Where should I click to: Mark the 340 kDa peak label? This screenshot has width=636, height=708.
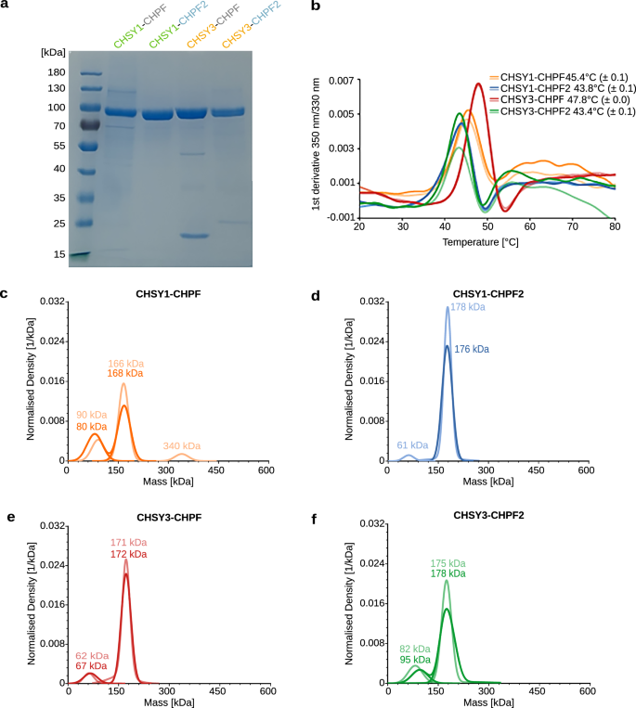click(x=182, y=446)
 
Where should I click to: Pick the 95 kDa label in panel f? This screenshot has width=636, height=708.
click(x=417, y=659)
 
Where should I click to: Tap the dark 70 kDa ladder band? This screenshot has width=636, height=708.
click(x=92, y=124)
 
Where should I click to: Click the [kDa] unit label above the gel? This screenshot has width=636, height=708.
click(x=54, y=53)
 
